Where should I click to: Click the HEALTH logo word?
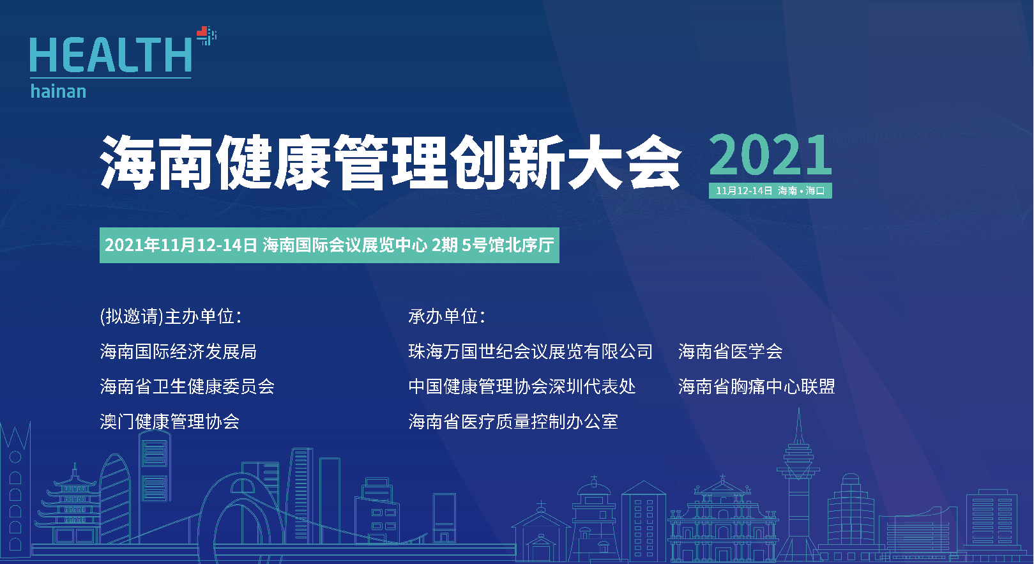[110, 55]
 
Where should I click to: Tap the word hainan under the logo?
[58, 91]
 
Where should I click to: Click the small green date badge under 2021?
[770, 190]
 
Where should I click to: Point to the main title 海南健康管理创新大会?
[390, 162]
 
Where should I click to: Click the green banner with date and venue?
[329, 245]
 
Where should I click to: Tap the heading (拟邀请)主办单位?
[171, 317]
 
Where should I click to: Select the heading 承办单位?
[447, 317]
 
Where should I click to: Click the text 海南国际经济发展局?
[178, 352]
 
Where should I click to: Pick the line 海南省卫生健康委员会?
[187, 387]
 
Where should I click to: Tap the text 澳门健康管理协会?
[169, 422]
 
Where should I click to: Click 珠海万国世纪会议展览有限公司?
[530, 352]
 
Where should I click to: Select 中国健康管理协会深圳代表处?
[522, 387]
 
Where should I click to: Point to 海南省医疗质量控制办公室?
[513, 422]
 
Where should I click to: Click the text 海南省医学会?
[730, 352]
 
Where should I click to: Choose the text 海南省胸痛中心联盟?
[757, 387]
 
